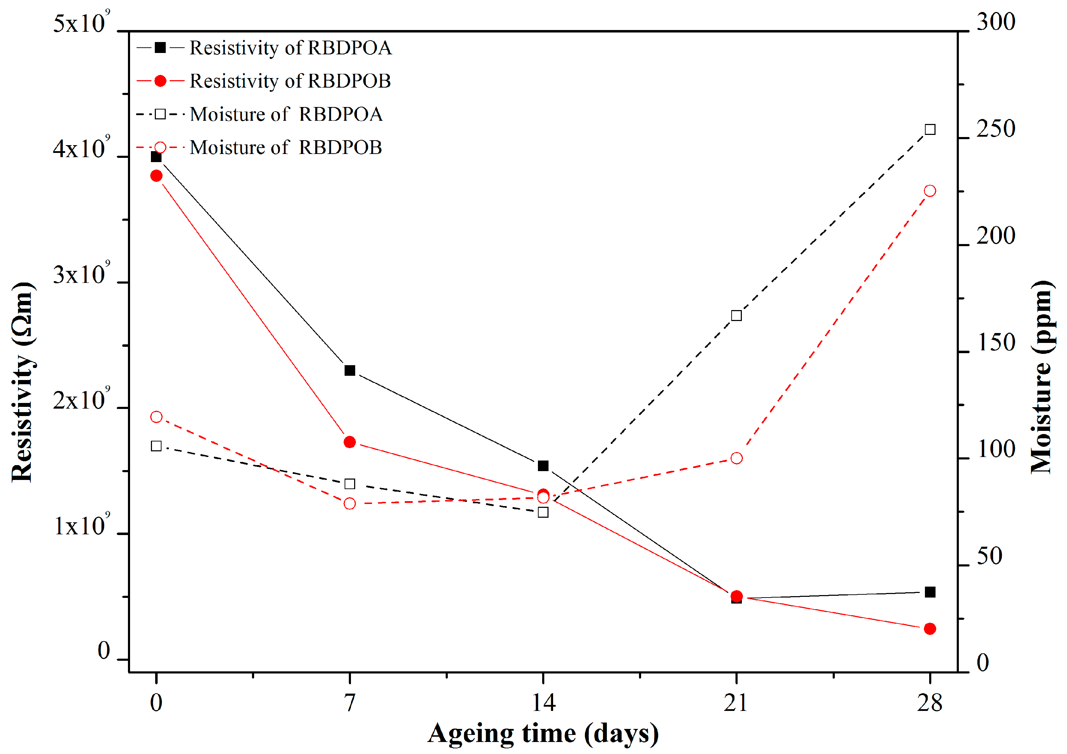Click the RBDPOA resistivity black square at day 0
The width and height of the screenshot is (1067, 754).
(x=156, y=157)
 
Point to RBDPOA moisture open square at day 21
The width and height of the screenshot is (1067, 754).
(x=736, y=316)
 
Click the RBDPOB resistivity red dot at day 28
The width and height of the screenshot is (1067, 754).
(x=930, y=629)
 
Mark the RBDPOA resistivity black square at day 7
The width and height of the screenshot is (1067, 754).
(x=350, y=370)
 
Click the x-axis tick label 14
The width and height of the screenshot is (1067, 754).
(x=543, y=702)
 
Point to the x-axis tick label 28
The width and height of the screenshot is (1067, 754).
(x=930, y=702)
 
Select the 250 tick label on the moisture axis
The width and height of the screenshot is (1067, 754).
(x=995, y=129)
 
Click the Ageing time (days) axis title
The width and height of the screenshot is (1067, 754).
(x=543, y=734)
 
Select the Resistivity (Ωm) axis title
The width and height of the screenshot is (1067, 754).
(x=22, y=382)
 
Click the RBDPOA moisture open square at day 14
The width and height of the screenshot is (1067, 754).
(x=543, y=512)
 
